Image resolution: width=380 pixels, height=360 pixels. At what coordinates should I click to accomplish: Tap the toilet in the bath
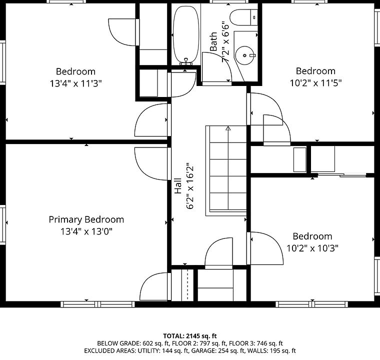(x=243, y=17)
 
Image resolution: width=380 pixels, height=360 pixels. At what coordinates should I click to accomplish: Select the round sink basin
(x=245, y=55)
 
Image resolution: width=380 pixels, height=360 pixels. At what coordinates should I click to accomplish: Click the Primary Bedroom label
(x=86, y=219)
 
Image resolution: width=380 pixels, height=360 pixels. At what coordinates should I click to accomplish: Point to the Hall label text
(x=178, y=186)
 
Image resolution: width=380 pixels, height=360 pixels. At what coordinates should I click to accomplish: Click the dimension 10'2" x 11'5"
(x=316, y=83)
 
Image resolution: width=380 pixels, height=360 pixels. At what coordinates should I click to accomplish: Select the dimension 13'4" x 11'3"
(x=75, y=83)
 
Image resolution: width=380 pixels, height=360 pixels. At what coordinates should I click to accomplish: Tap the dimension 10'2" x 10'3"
(x=312, y=248)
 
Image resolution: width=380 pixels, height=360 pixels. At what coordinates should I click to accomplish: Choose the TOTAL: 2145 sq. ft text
(x=190, y=336)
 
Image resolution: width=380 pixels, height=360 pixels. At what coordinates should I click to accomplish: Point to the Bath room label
(x=213, y=41)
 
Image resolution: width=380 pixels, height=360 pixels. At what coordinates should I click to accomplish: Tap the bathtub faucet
(x=186, y=61)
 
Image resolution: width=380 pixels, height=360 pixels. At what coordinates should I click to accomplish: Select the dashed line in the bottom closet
(x=187, y=284)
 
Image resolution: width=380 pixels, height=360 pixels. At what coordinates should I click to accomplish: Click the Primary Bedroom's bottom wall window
(x=97, y=304)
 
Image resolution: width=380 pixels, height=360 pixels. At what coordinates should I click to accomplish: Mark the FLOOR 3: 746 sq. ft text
(x=256, y=343)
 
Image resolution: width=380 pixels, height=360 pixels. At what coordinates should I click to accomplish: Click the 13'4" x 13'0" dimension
(x=86, y=231)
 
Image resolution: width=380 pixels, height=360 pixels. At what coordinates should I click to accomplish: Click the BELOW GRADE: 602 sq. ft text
(x=132, y=343)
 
